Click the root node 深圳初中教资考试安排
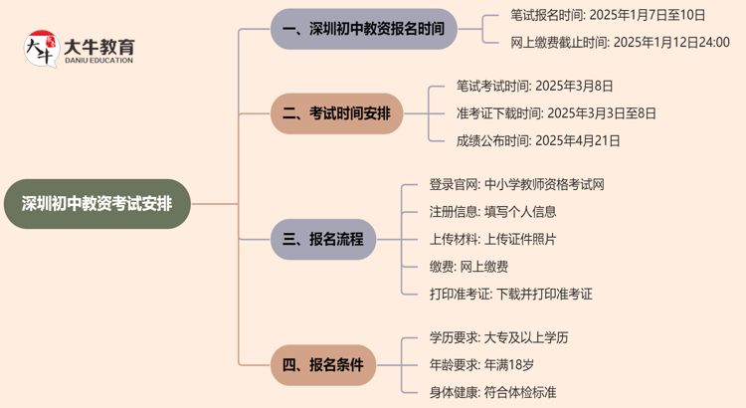[96, 204]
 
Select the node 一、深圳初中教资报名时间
[364, 29]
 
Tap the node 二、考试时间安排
[337, 113]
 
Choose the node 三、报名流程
[323, 240]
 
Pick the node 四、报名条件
[323, 365]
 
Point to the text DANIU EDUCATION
[97, 61]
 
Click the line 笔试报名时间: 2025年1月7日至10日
[608, 15]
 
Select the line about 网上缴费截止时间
[620, 42]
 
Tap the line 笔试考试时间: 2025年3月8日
[534, 87]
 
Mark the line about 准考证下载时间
[556, 113]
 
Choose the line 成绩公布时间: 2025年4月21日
[538, 140]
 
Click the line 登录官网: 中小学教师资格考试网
[516, 185]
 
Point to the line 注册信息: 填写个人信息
[492, 212]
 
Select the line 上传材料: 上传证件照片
[492, 239]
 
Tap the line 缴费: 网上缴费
[468, 267]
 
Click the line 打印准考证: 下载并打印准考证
[510, 294]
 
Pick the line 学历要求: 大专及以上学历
[498, 338]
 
